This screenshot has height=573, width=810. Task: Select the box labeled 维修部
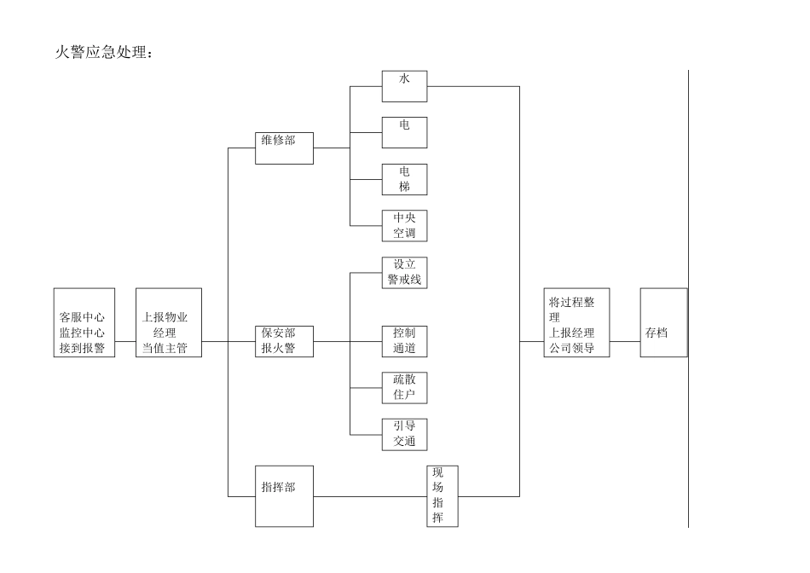coord(284,148)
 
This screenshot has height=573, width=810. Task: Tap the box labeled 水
coord(404,86)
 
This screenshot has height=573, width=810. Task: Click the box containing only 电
coord(404,132)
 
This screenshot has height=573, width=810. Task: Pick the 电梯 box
coord(404,179)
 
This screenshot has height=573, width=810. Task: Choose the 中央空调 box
coord(404,225)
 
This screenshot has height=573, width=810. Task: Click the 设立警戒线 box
coord(404,272)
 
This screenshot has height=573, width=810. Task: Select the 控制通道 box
coord(404,340)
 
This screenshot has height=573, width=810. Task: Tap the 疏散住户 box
coord(404,387)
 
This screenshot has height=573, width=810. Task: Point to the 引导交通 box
coord(404,434)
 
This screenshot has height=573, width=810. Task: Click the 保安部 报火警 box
coord(284,340)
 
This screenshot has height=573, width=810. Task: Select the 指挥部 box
coord(284,495)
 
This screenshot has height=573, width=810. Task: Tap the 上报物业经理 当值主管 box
coord(169,322)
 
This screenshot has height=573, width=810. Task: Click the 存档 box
coord(663,322)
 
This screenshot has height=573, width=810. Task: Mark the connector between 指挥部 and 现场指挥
coord(369,495)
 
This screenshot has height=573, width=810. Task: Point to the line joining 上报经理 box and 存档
coord(625,341)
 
